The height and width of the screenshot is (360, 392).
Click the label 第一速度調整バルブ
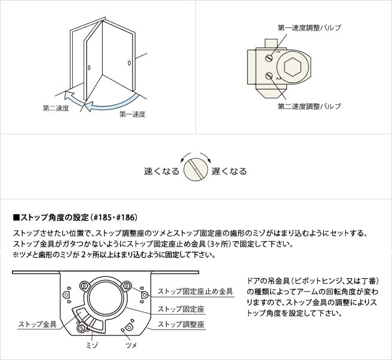tap(310, 27)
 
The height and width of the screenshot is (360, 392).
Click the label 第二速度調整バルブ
tap(310, 106)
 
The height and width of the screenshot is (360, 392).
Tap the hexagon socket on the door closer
tap(292, 67)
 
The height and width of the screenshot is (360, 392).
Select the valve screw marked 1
tap(269, 59)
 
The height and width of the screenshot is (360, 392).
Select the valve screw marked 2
tap(269, 76)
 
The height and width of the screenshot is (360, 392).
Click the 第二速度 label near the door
tap(56, 109)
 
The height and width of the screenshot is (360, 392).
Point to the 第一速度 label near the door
tap(132, 115)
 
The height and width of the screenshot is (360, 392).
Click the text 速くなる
tap(161, 171)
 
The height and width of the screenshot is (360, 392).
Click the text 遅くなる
tap(229, 171)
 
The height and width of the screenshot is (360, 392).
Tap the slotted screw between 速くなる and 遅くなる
tap(196, 170)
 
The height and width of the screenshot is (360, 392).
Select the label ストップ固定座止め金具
tap(195, 291)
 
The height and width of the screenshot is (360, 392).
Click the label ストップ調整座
tap(181, 324)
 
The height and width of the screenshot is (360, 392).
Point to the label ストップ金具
tap(37, 324)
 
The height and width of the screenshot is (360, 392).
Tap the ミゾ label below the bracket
tap(91, 345)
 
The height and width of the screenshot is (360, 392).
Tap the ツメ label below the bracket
tap(131, 345)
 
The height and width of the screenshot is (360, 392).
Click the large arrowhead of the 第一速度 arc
tap(89, 106)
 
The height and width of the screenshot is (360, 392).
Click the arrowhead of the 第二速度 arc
tap(69, 95)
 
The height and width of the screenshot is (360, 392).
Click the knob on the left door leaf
tap(89, 67)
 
